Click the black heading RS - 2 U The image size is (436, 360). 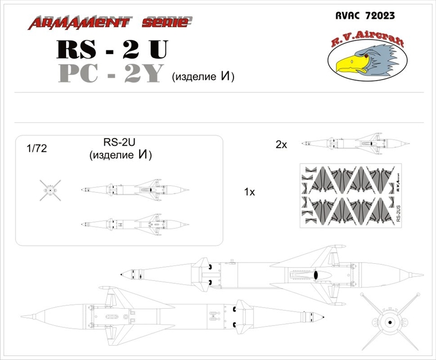[111, 50]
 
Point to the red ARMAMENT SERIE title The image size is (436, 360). [110, 22]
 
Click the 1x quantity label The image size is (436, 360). [249, 192]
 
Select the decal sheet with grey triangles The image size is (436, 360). [350, 195]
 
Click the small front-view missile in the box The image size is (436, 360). [49, 190]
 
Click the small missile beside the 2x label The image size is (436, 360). [350, 144]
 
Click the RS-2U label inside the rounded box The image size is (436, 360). [120, 142]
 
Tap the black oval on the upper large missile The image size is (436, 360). [315, 275]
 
